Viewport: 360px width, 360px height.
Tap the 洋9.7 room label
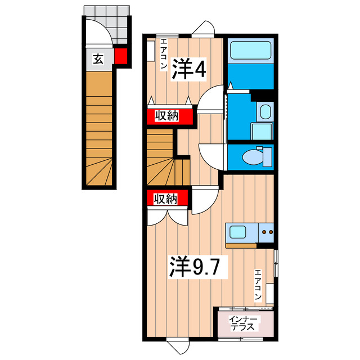199,267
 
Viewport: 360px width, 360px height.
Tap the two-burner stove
266,231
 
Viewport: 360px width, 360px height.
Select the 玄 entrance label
98,58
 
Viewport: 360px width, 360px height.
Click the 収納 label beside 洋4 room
167,116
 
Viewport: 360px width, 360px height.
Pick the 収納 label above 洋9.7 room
167,199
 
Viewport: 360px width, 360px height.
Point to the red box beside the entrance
120,56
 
